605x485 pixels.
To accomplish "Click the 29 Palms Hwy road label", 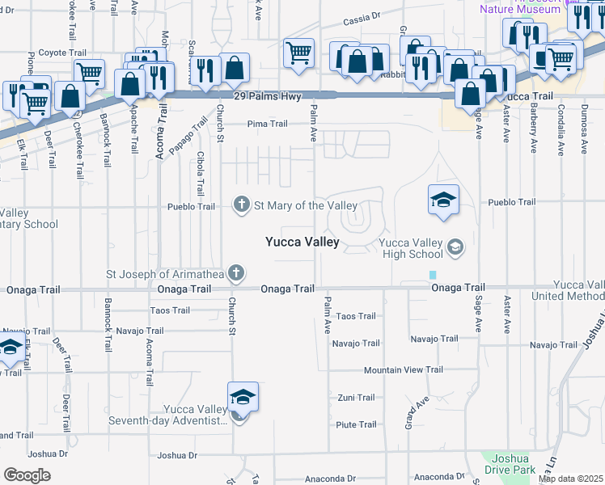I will coord(267,96).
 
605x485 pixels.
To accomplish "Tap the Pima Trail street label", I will coord(267,124).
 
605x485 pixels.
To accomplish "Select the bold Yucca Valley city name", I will coord(302,242).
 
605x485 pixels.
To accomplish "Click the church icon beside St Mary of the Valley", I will coord(241,205).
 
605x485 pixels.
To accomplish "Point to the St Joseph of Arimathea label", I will coord(165,272).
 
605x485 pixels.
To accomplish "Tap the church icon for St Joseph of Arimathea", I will coord(235,272).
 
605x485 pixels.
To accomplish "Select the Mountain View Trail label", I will coord(404,370).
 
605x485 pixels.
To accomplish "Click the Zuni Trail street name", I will coord(356,398).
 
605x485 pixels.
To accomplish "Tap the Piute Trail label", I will coord(356,424).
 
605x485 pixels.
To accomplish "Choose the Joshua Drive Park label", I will coord(510,463).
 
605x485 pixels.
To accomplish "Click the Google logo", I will coord(27,475).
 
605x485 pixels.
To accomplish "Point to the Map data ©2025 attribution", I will coord(570,479).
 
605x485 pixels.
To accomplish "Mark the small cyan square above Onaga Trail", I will coord(433,275).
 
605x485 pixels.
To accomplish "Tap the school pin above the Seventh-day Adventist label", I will coord(243,398).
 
